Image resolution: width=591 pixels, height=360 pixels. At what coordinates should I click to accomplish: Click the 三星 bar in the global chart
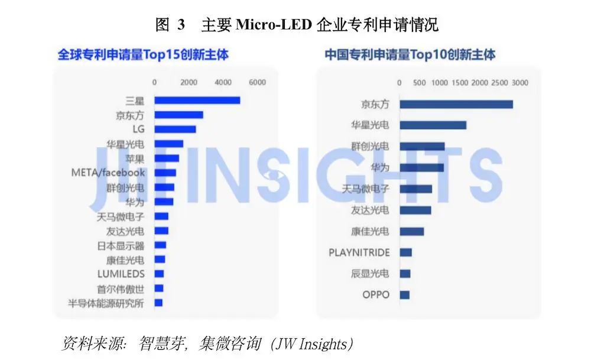click(x=197, y=100)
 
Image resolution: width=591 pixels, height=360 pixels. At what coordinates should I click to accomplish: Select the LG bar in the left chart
click(x=175, y=129)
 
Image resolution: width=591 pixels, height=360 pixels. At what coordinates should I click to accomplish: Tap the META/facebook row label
click(x=108, y=173)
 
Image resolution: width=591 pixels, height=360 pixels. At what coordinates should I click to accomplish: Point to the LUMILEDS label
click(x=121, y=274)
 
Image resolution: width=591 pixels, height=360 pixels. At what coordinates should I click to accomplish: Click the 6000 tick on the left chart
click(x=257, y=83)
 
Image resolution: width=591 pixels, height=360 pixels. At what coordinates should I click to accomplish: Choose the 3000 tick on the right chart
click(x=519, y=83)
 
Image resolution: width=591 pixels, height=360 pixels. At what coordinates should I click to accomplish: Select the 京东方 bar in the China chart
click(x=456, y=105)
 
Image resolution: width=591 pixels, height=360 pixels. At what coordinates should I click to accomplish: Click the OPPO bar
click(x=405, y=294)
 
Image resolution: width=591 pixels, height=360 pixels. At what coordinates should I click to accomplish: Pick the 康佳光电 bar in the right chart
click(x=412, y=231)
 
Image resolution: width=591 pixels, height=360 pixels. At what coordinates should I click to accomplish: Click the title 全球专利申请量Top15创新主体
click(x=143, y=55)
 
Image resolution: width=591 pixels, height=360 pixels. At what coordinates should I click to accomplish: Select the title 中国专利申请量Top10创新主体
click(x=410, y=55)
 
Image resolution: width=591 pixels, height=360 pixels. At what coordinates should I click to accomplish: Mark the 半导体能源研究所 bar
click(x=158, y=303)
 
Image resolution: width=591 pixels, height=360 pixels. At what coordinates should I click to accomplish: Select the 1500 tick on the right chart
click(x=459, y=83)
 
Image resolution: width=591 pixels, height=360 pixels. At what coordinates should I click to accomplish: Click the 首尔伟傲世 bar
click(x=159, y=288)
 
